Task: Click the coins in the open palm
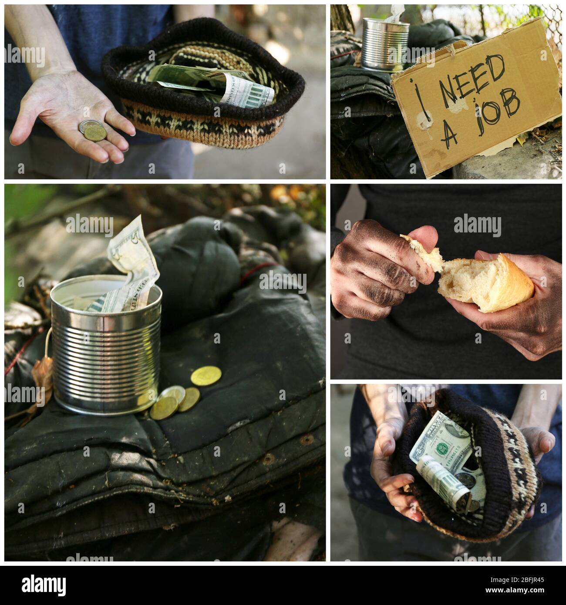(92, 131)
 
